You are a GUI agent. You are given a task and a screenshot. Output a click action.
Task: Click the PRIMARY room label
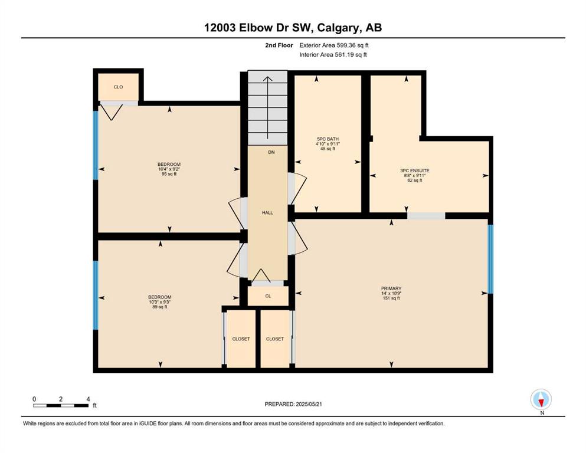391,288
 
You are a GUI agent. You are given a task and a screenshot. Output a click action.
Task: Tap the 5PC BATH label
328,139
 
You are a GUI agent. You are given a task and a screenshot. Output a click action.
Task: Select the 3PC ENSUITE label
415,170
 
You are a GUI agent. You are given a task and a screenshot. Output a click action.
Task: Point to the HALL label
267,212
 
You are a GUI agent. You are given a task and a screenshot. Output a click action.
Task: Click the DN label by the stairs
271,152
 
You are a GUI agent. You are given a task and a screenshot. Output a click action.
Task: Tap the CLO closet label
118,87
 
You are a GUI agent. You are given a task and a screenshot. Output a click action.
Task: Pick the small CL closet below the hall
268,296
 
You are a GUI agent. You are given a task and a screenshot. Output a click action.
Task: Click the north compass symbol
541,399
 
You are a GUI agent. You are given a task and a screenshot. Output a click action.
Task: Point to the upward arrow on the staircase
267,109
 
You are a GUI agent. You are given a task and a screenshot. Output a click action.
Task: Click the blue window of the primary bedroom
491,259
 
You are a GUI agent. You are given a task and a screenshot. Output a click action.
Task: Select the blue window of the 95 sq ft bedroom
96,145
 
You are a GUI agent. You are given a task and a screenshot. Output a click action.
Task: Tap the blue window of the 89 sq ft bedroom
96,296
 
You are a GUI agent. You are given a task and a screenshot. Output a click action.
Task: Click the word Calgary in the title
339,28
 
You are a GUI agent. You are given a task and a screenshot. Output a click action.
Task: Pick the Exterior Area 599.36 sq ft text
334,45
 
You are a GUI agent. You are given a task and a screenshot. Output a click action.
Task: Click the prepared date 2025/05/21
309,404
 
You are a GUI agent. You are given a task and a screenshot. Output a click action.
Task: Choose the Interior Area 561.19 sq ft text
333,54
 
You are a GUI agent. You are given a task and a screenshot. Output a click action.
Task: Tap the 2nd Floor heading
279,45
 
